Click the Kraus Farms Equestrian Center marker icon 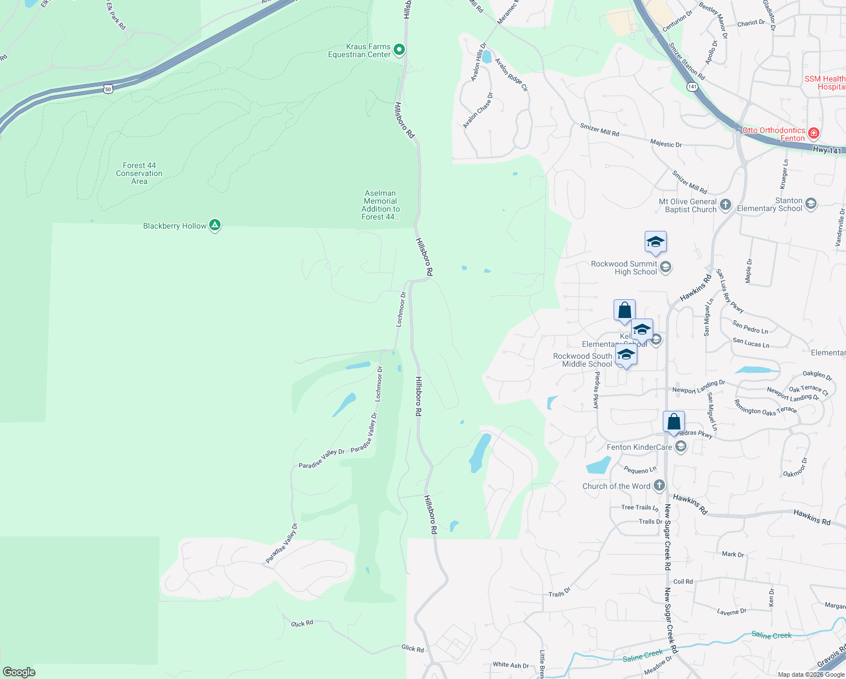coord(399,50)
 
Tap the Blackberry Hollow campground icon coord(215,225)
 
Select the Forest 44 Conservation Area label coord(139,173)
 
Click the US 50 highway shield coord(108,89)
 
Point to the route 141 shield coord(692,87)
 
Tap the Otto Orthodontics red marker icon coord(814,134)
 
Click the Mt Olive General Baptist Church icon coord(726,204)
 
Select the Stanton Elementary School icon coord(811,204)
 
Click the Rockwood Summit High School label coord(624,268)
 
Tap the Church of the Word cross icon coord(659,485)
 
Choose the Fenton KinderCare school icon coord(681,447)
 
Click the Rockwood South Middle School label coord(582,360)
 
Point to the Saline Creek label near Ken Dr coord(771,635)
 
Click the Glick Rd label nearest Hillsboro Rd coord(412,648)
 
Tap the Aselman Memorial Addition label coord(381,205)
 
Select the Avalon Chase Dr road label coord(478,110)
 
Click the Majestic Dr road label coord(666,144)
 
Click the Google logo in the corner coord(19,672)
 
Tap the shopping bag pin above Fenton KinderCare coord(674,422)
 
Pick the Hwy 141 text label coord(827,150)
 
